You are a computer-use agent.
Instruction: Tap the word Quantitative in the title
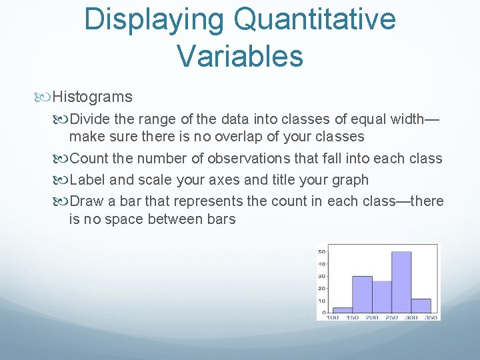coord(311,20)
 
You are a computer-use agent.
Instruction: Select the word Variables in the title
coord(240,56)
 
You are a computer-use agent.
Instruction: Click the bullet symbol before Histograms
coord(45,97)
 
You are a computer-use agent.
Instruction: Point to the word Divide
coord(89,119)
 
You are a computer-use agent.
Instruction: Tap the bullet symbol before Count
coord(63,159)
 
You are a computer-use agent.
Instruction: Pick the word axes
coord(217,180)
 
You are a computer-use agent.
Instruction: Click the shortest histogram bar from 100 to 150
coord(342,310)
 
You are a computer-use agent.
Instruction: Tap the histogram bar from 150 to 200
coord(362,294)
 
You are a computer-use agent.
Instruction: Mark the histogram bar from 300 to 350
coord(421,305)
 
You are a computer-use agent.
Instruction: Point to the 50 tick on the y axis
coord(322,251)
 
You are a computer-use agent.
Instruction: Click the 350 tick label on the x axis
coord(431,317)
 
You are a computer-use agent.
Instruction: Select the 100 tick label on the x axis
coord(333,317)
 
